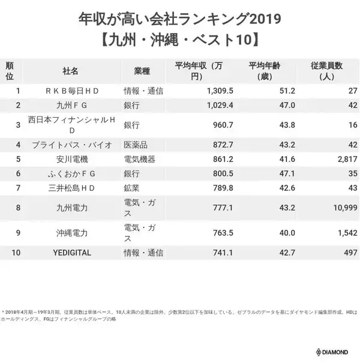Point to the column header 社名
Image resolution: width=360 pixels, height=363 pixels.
[71, 71]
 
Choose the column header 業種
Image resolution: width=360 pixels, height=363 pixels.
[142, 71]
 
